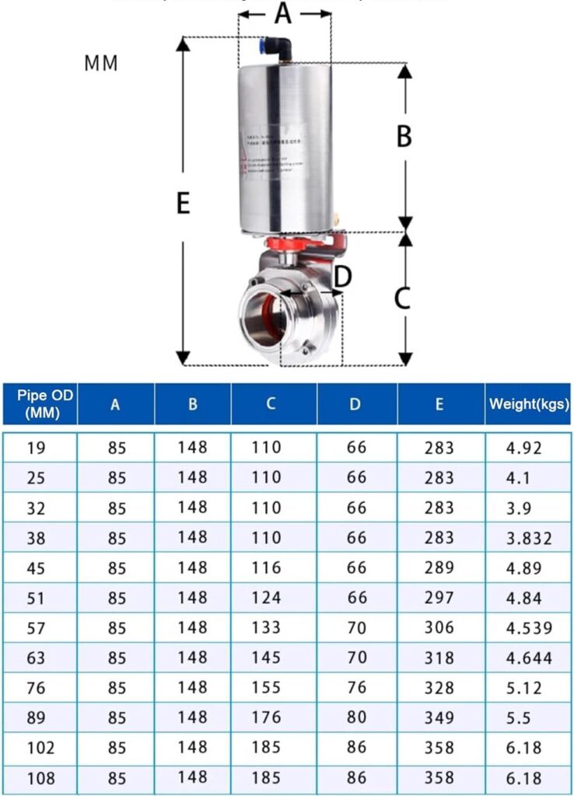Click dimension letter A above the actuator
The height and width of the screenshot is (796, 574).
pos(283,13)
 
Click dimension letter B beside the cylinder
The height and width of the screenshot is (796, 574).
pos(404,136)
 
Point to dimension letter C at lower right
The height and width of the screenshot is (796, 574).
pos(402,298)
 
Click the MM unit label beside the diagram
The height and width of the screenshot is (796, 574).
pos(101,64)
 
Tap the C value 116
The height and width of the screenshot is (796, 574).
pos(266,568)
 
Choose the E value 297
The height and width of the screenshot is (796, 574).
pos(439,598)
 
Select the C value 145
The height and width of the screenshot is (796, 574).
pos(266,658)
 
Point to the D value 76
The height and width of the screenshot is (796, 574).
pos(356,688)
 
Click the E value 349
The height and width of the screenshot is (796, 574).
pos(439,717)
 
